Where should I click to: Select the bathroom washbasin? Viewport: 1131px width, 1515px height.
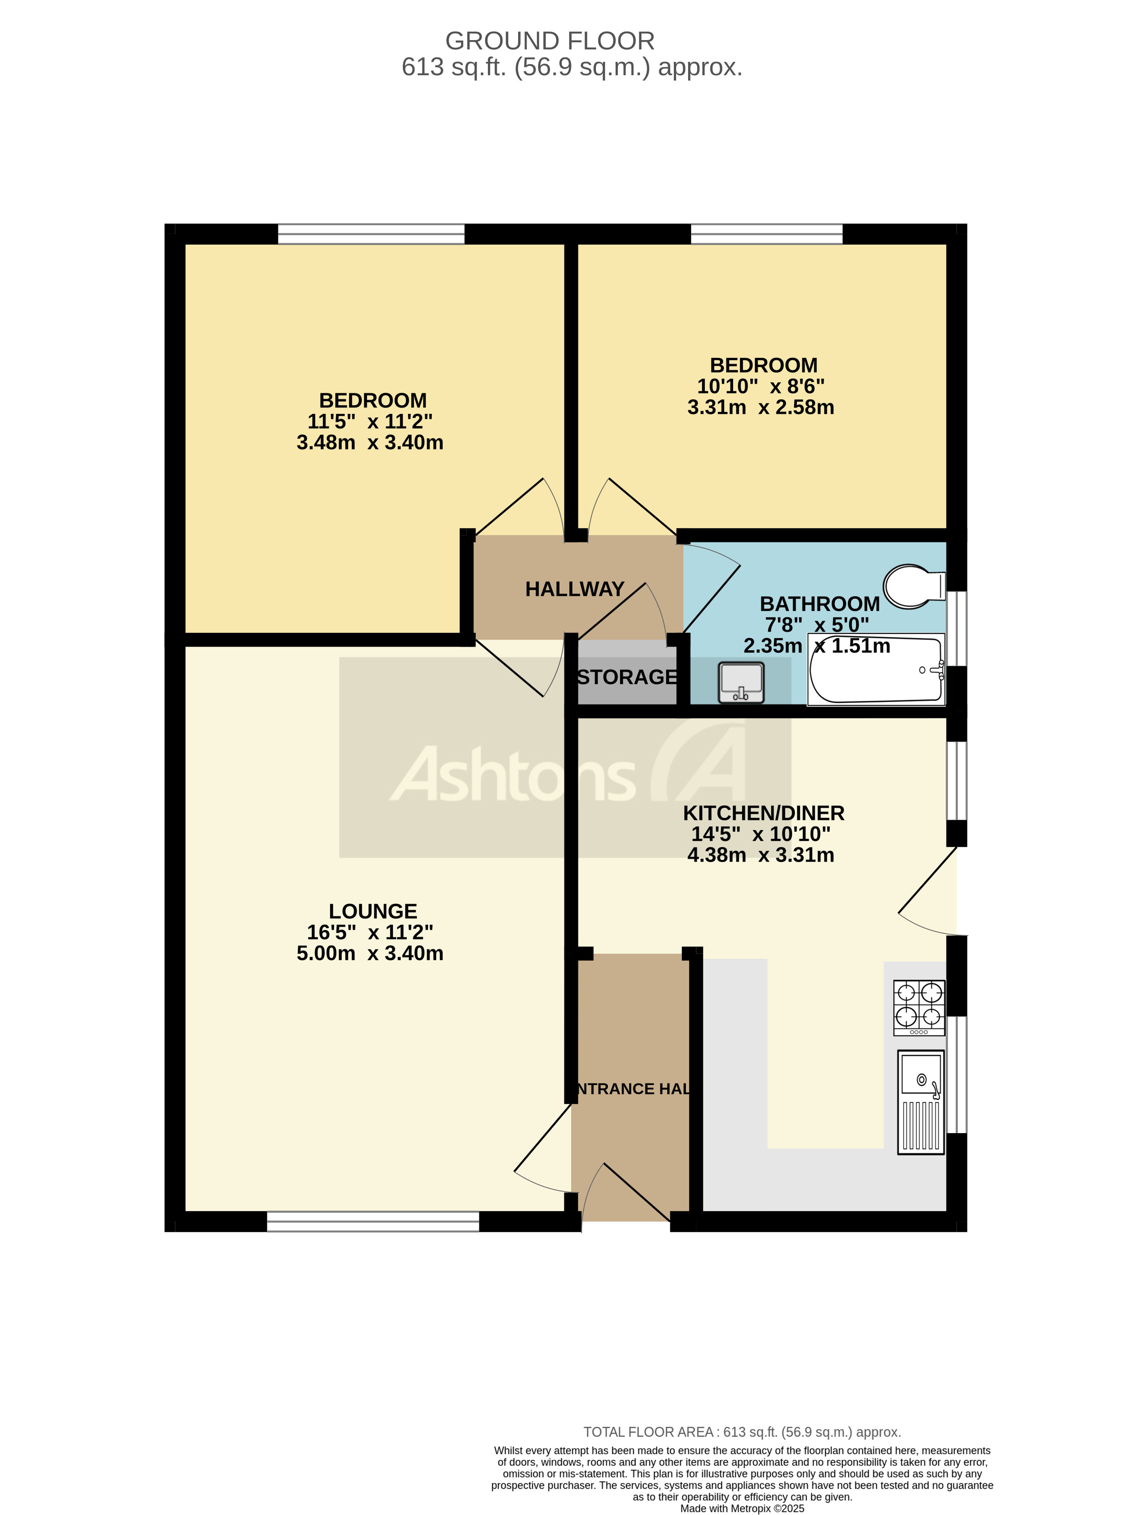click(x=740, y=682)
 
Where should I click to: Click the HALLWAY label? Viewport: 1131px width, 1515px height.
click(x=574, y=589)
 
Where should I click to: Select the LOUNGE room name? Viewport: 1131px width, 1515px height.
click(x=373, y=911)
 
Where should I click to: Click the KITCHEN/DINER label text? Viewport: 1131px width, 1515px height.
click(x=763, y=813)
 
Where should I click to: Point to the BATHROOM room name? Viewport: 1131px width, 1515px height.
click(x=819, y=604)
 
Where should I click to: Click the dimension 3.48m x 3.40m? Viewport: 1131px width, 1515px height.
click(x=370, y=442)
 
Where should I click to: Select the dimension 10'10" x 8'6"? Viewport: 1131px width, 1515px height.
click(x=761, y=386)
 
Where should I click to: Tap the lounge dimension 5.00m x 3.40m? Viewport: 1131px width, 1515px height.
click(x=370, y=953)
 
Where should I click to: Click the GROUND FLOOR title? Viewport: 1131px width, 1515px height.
click(x=550, y=41)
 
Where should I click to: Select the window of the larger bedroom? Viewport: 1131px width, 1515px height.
click(x=371, y=234)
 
